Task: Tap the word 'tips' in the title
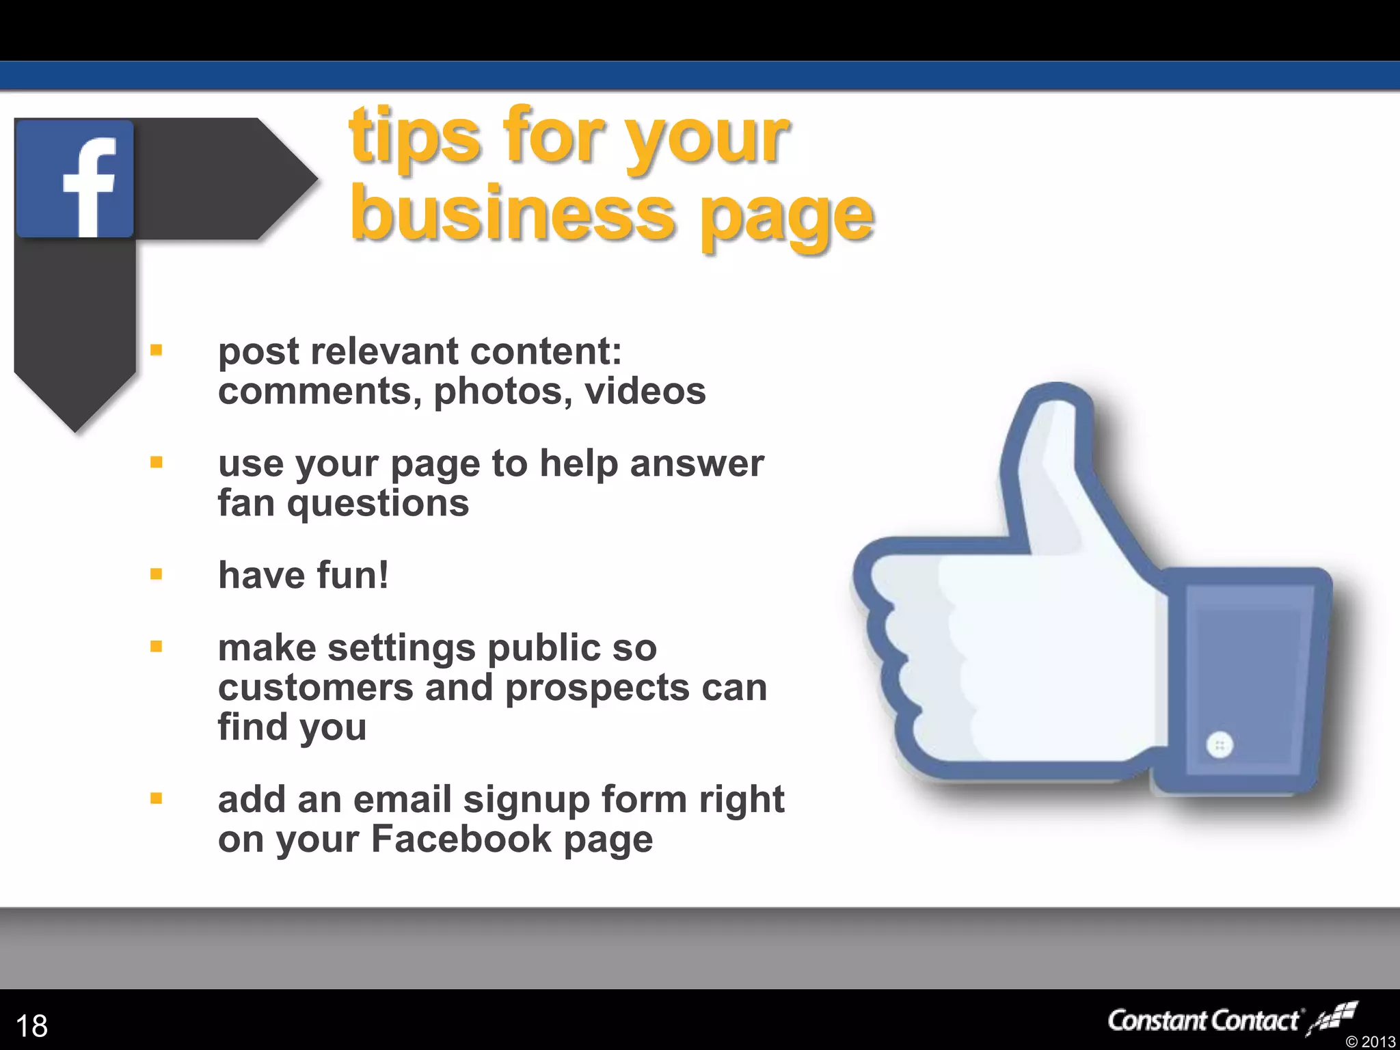click(x=414, y=136)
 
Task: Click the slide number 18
click(x=31, y=1025)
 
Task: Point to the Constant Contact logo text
click(x=1203, y=1021)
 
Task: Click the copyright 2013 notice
click(x=1370, y=1041)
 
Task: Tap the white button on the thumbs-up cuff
click(x=1220, y=744)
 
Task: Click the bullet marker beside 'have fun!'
click(x=157, y=574)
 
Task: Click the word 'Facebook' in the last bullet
click(x=461, y=839)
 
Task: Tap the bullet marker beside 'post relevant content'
click(x=157, y=351)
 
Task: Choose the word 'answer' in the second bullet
click(x=697, y=463)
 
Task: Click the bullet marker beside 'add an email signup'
click(x=157, y=798)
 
